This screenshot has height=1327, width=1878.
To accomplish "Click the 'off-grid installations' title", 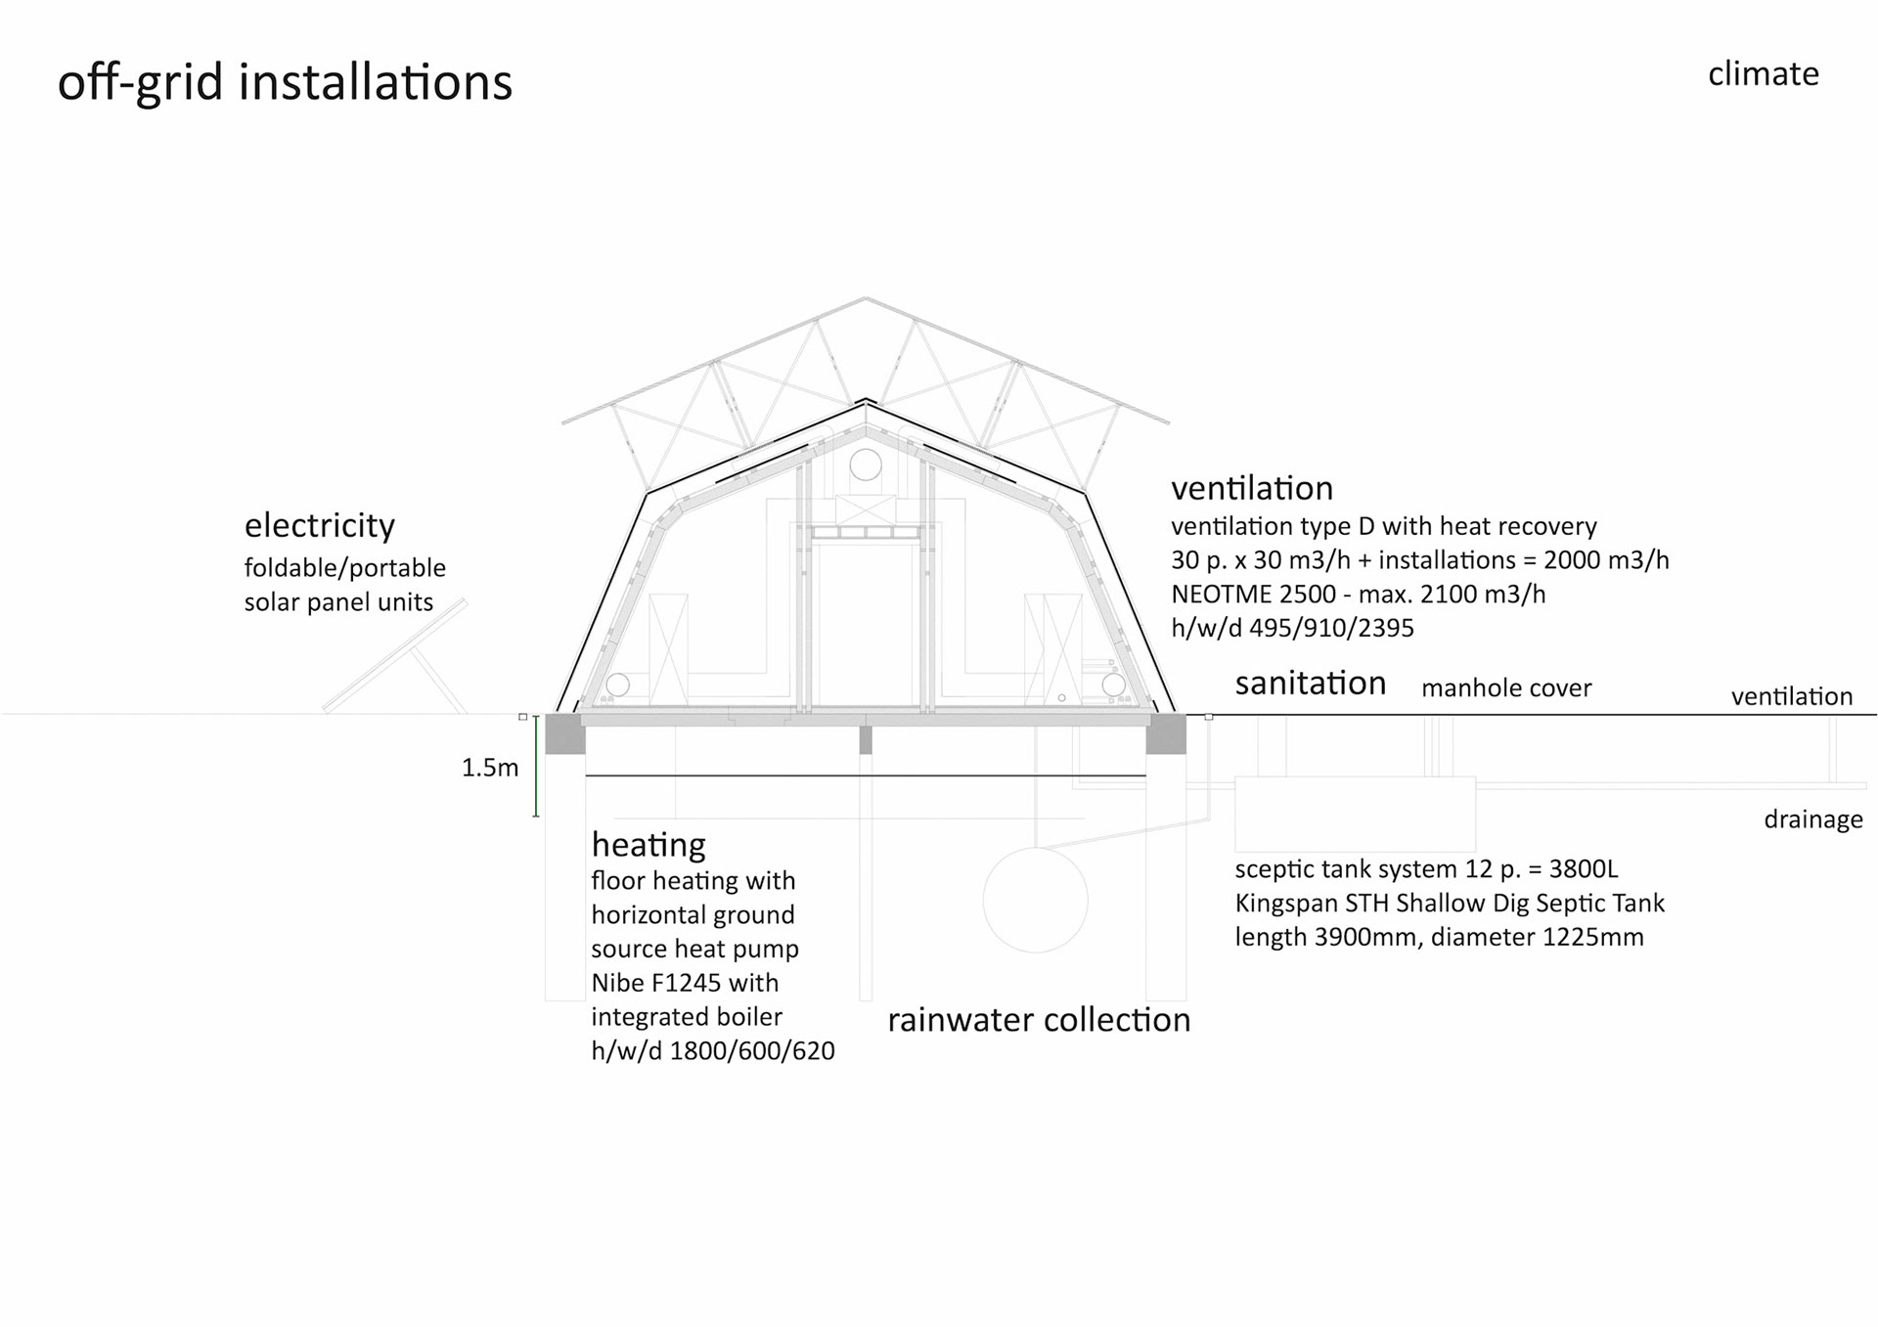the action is tap(285, 82).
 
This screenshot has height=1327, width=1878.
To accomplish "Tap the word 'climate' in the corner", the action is tap(1763, 74).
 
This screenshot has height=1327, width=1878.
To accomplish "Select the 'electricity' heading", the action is tap(319, 525).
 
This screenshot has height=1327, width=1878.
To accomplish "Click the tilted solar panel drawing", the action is tap(396, 655).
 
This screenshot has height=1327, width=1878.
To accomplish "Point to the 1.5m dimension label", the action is tap(490, 768).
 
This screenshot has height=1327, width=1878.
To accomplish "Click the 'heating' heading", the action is tap(648, 844).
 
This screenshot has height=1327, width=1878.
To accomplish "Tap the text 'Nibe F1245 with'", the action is tap(685, 982).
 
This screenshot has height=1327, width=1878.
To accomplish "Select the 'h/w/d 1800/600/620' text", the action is tap(712, 1050).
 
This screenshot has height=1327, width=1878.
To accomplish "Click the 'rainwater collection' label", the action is tap(1038, 1020).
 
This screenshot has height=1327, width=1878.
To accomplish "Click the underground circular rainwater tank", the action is tap(1035, 900).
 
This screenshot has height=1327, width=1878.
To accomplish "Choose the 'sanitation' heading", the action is tap(1310, 683).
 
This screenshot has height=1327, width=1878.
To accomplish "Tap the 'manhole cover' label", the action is tap(1505, 688).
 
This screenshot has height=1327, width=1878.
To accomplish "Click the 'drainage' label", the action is tap(1812, 819).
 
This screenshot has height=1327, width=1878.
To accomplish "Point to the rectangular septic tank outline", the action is tap(1355, 814).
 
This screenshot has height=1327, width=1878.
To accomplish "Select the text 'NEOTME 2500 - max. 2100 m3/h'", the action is tap(1358, 594).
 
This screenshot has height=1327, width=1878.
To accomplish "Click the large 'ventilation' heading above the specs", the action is tap(1251, 488).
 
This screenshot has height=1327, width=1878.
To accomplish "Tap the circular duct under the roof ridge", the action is tap(866, 464).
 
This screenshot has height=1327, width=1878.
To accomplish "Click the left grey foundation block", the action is tap(564, 733).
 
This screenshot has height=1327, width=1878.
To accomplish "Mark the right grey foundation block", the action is tap(1166, 733).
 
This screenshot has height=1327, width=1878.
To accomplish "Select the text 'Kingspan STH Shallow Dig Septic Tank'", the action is tap(1449, 903).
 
